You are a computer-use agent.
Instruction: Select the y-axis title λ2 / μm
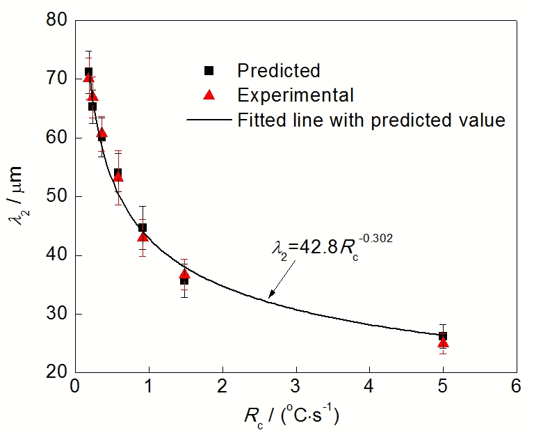pos(19,196)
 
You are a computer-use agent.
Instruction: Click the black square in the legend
pos(209,71)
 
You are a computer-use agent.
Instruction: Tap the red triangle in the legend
pos(209,95)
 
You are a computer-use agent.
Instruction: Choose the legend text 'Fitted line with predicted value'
pos(371,120)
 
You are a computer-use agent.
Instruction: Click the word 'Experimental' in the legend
pos(296,95)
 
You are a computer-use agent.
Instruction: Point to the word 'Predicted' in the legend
pos(278,71)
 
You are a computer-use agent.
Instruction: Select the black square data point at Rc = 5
pos(443,336)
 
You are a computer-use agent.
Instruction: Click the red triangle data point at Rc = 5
pos(443,342)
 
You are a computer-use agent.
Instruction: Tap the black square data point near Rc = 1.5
pos(184,280)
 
